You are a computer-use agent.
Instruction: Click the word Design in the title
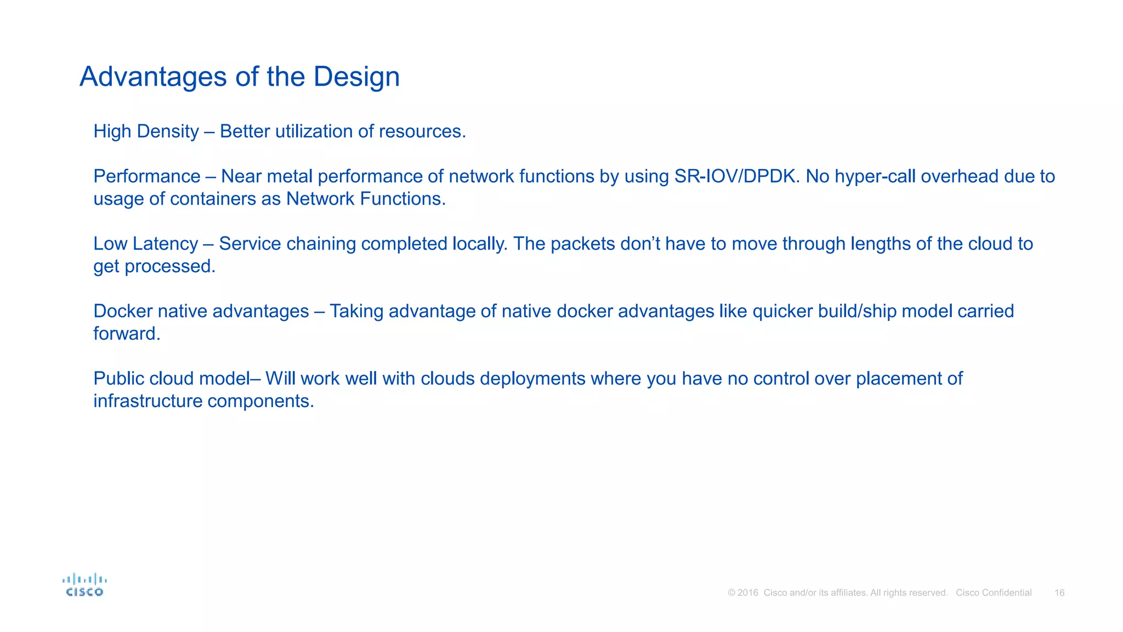click(x=356, y=77)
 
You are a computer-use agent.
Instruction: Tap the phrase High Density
click(x=146, y=132)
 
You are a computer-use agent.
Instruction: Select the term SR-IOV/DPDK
click(x=735, y=177)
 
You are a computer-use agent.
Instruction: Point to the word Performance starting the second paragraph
click(x=146, y=177)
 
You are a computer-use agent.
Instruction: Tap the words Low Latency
click(x=145, y=244)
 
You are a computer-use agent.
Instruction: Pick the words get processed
click(x=154, y=267)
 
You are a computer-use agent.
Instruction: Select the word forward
click(x=126, y=334)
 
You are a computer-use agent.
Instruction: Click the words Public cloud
click(x=144, y=379)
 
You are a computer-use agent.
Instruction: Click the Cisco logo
click(x=84, y=585)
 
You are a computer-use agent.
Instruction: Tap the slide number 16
click(x=1059, y=593)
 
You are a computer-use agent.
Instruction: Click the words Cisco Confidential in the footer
click(x=994, y=593)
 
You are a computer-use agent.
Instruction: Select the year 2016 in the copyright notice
click(x=748, y=593)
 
